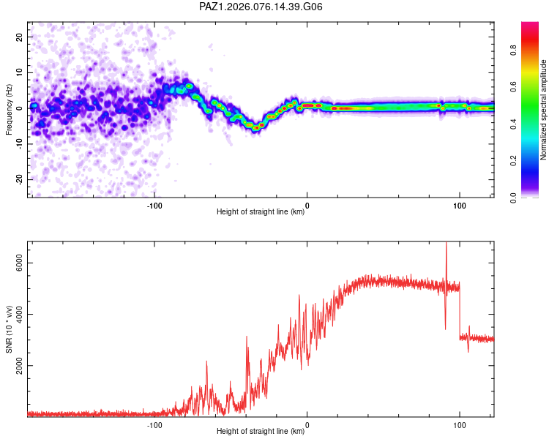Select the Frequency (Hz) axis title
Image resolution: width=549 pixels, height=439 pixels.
[9, 108]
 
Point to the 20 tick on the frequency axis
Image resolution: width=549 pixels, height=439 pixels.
[20, 37]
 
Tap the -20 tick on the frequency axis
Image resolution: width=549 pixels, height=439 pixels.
[19, 179]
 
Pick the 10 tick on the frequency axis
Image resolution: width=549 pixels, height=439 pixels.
[20, 72]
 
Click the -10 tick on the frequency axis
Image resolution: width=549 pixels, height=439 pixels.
[19, 143]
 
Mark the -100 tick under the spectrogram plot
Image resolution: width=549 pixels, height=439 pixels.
[154, 205]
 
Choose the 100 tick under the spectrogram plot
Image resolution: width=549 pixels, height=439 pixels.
[460, 205]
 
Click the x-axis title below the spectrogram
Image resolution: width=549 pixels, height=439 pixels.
[261, 212]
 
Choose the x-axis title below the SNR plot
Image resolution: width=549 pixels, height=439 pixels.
[261, 432]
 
